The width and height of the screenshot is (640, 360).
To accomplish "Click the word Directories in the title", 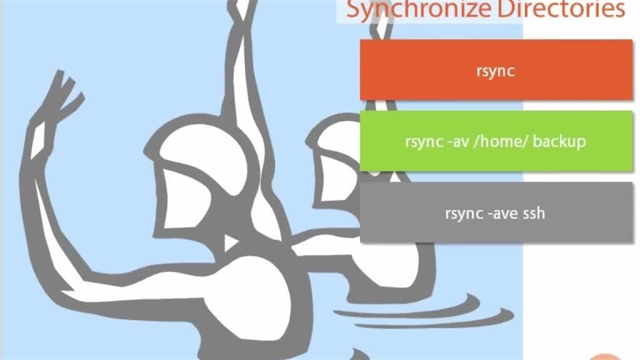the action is tap(561, 9).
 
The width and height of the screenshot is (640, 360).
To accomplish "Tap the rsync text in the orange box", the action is tap(495, 71).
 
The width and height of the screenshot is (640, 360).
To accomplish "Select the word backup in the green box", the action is tap(559, 141).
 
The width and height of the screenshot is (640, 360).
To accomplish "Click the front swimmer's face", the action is tap(185, 200).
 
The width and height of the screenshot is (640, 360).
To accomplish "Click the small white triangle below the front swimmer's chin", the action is tap(230, 242).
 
